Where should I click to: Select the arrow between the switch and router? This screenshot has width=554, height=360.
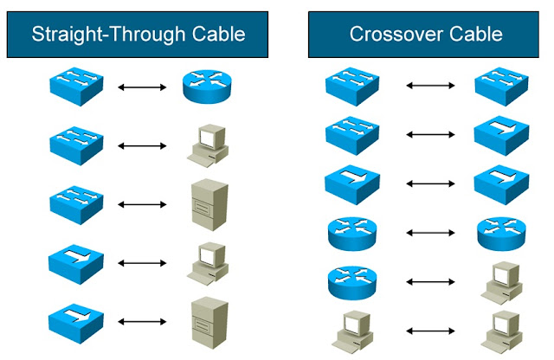pos(141,87)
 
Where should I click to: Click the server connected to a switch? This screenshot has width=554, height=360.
pos(208,204)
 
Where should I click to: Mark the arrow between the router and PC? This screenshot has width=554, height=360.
pos(430,282)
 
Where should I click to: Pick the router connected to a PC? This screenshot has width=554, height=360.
pos(351,282)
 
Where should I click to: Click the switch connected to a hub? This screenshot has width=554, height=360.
pos(351,134)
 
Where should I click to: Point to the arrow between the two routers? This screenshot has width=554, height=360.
pos(430,233)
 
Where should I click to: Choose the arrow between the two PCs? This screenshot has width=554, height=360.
pos(430,331)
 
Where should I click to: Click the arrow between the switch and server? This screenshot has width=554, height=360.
pos(141,204)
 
